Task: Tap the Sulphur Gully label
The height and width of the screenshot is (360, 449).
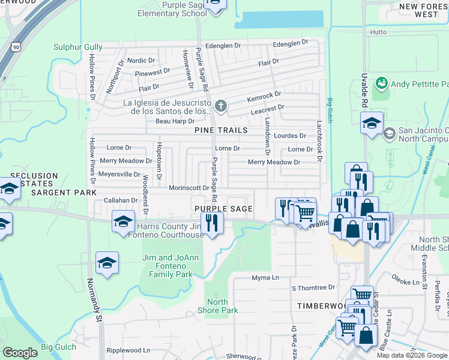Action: pyautogui.click(x=78, y=47)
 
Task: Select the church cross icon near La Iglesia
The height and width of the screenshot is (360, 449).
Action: pyautogui.click(x=221, y=107)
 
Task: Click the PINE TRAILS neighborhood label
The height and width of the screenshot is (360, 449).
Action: pyautogui.click(x=221, y=130)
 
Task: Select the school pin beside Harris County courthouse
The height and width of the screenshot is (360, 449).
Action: pyautogui.click(x=122, y=222)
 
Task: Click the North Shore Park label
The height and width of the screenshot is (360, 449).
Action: pyautogui.click(x=217, y=306)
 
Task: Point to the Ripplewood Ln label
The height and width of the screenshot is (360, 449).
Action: pyautogui.click(x=128, y=350)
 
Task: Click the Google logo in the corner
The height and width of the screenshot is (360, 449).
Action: pyautogui.click(x=20, y=353)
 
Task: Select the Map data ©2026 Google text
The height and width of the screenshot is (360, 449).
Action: pyautogui.click(x=411, y=355)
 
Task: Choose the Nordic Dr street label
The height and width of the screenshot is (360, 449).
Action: pyautogui.click(x=141, y=61)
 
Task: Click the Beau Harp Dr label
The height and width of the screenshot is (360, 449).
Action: pyautogui.click(x=158, y=121)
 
